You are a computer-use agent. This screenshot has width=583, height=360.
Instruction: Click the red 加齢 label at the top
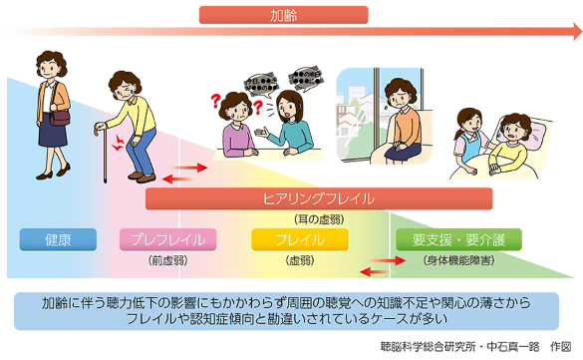click(x=284, y=15)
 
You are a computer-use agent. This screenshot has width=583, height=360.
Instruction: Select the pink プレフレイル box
click(x=167, y=239)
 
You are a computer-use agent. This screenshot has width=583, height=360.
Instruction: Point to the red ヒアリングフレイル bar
click(x=319, y=198)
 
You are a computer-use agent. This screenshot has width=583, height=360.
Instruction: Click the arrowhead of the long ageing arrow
click(x=576, y=32)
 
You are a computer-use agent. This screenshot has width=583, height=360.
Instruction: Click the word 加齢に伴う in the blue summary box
click(x=72, y=301)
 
